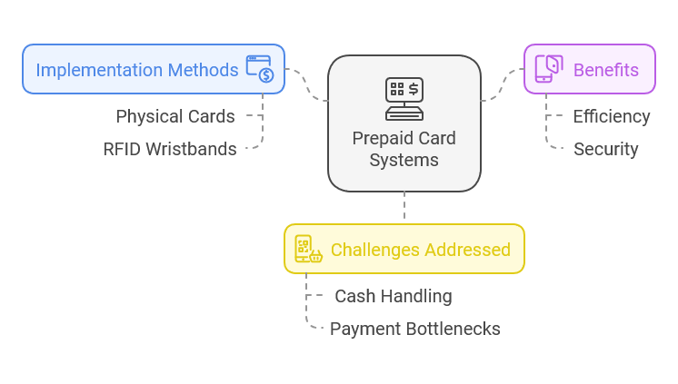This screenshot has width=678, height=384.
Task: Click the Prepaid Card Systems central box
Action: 404,123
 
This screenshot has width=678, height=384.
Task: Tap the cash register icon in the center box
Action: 404,99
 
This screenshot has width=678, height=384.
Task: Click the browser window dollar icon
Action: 259,69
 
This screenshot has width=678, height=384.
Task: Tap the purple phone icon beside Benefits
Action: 548,69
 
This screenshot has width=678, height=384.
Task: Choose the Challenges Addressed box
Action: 404,249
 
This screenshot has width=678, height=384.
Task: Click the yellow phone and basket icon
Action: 307,249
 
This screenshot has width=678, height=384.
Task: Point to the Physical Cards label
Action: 175,116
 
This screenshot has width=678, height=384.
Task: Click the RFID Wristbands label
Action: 170,149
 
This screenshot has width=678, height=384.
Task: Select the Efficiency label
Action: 611,116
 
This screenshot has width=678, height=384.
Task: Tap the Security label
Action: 605,149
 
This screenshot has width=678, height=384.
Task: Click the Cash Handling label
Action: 393,296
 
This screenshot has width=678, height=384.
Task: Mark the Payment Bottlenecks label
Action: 414,329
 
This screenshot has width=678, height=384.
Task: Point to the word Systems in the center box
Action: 404,161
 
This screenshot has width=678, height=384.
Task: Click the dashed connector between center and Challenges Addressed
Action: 404,207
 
